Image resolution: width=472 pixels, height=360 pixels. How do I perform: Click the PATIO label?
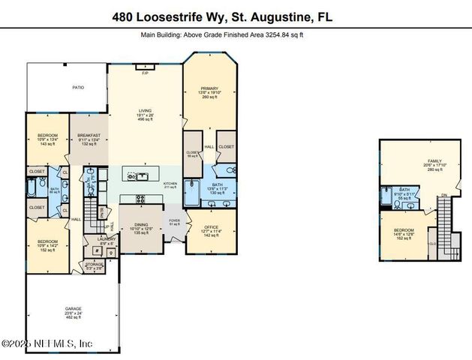coord(78,87)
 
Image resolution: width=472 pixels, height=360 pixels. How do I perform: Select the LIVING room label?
coord(144,111)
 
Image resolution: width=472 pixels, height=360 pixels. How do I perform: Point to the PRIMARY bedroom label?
coord(209,88)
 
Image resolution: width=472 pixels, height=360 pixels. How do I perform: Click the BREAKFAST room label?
coord(89,136)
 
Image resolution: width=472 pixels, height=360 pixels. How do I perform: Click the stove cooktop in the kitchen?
coord(140,199)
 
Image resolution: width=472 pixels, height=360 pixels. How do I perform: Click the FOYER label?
coord(174,220)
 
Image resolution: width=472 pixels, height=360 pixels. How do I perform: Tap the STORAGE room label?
coord(95,263)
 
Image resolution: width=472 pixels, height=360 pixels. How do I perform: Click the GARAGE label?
coord(74,309)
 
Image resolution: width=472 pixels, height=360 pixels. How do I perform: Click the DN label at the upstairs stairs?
coord(443,196)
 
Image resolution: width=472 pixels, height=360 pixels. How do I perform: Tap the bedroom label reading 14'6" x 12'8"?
coord(404,232)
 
